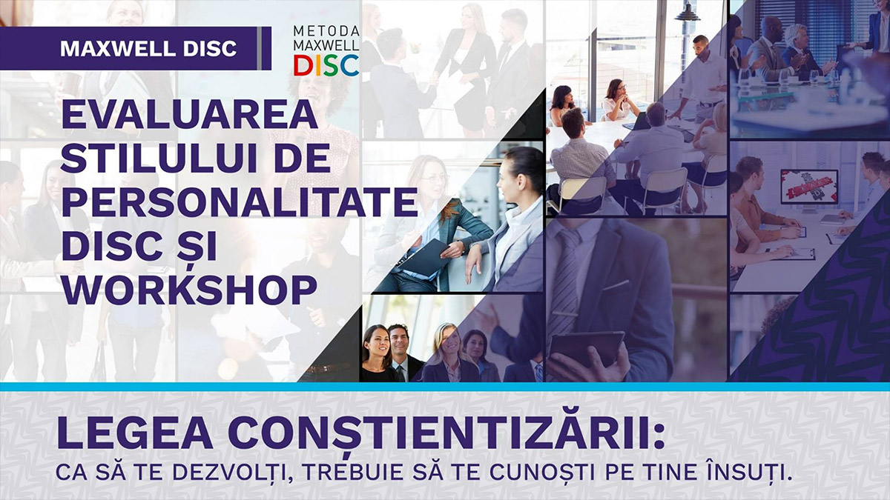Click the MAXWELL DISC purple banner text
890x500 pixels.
point(148,49)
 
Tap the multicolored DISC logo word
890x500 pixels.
point(326,65)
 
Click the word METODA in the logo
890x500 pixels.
point(326,31)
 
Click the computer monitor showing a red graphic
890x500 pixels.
point(809,185)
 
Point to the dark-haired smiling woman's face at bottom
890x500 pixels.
point(377,341)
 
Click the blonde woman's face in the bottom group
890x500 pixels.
point(448,341)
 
